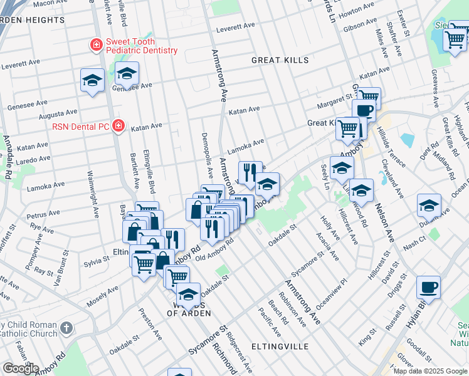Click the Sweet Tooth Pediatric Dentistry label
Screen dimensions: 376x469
pos(141,46)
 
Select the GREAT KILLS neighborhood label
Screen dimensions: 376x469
pos(280,60)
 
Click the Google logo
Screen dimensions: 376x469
pos(21,368)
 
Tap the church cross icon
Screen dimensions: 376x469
pos(66,328)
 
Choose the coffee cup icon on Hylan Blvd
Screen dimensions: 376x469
pos(428,288)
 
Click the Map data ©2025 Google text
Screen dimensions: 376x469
pos(430,371)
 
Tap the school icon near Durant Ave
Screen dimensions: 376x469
pos(429,206)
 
